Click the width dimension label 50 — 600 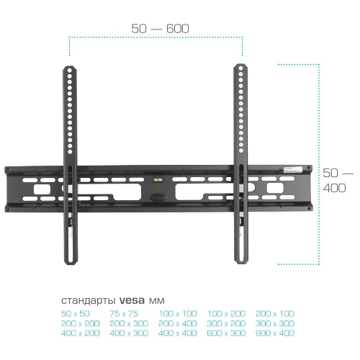tap(160, 29)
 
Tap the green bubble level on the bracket tap(157, 179)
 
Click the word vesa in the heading tap(132, 300)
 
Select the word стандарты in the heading tap(89, 301)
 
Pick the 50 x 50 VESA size tap(76, 314)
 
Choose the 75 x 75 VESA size tap(124, 314)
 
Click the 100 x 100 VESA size tap(178, 314)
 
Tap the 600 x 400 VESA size tap(275, 333)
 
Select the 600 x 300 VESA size tap(226, 333)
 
